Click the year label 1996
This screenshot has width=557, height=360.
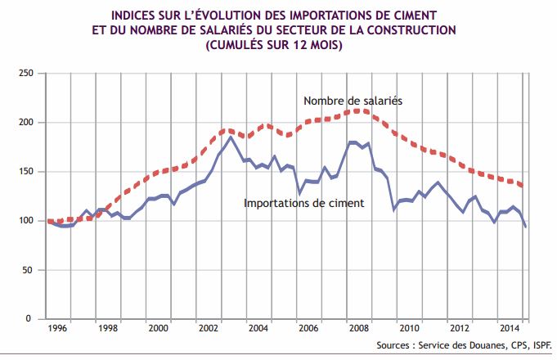(57, 327)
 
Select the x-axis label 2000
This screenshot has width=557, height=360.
(159, 327)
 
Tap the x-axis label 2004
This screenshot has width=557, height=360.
(259, 327)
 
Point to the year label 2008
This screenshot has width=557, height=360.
(361, 327)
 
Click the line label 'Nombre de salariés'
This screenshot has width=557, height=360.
(354, 101)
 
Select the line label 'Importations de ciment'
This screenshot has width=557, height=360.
(303, 202)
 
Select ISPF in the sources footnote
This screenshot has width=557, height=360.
(539, 344)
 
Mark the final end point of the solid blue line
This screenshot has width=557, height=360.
(525, 227)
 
